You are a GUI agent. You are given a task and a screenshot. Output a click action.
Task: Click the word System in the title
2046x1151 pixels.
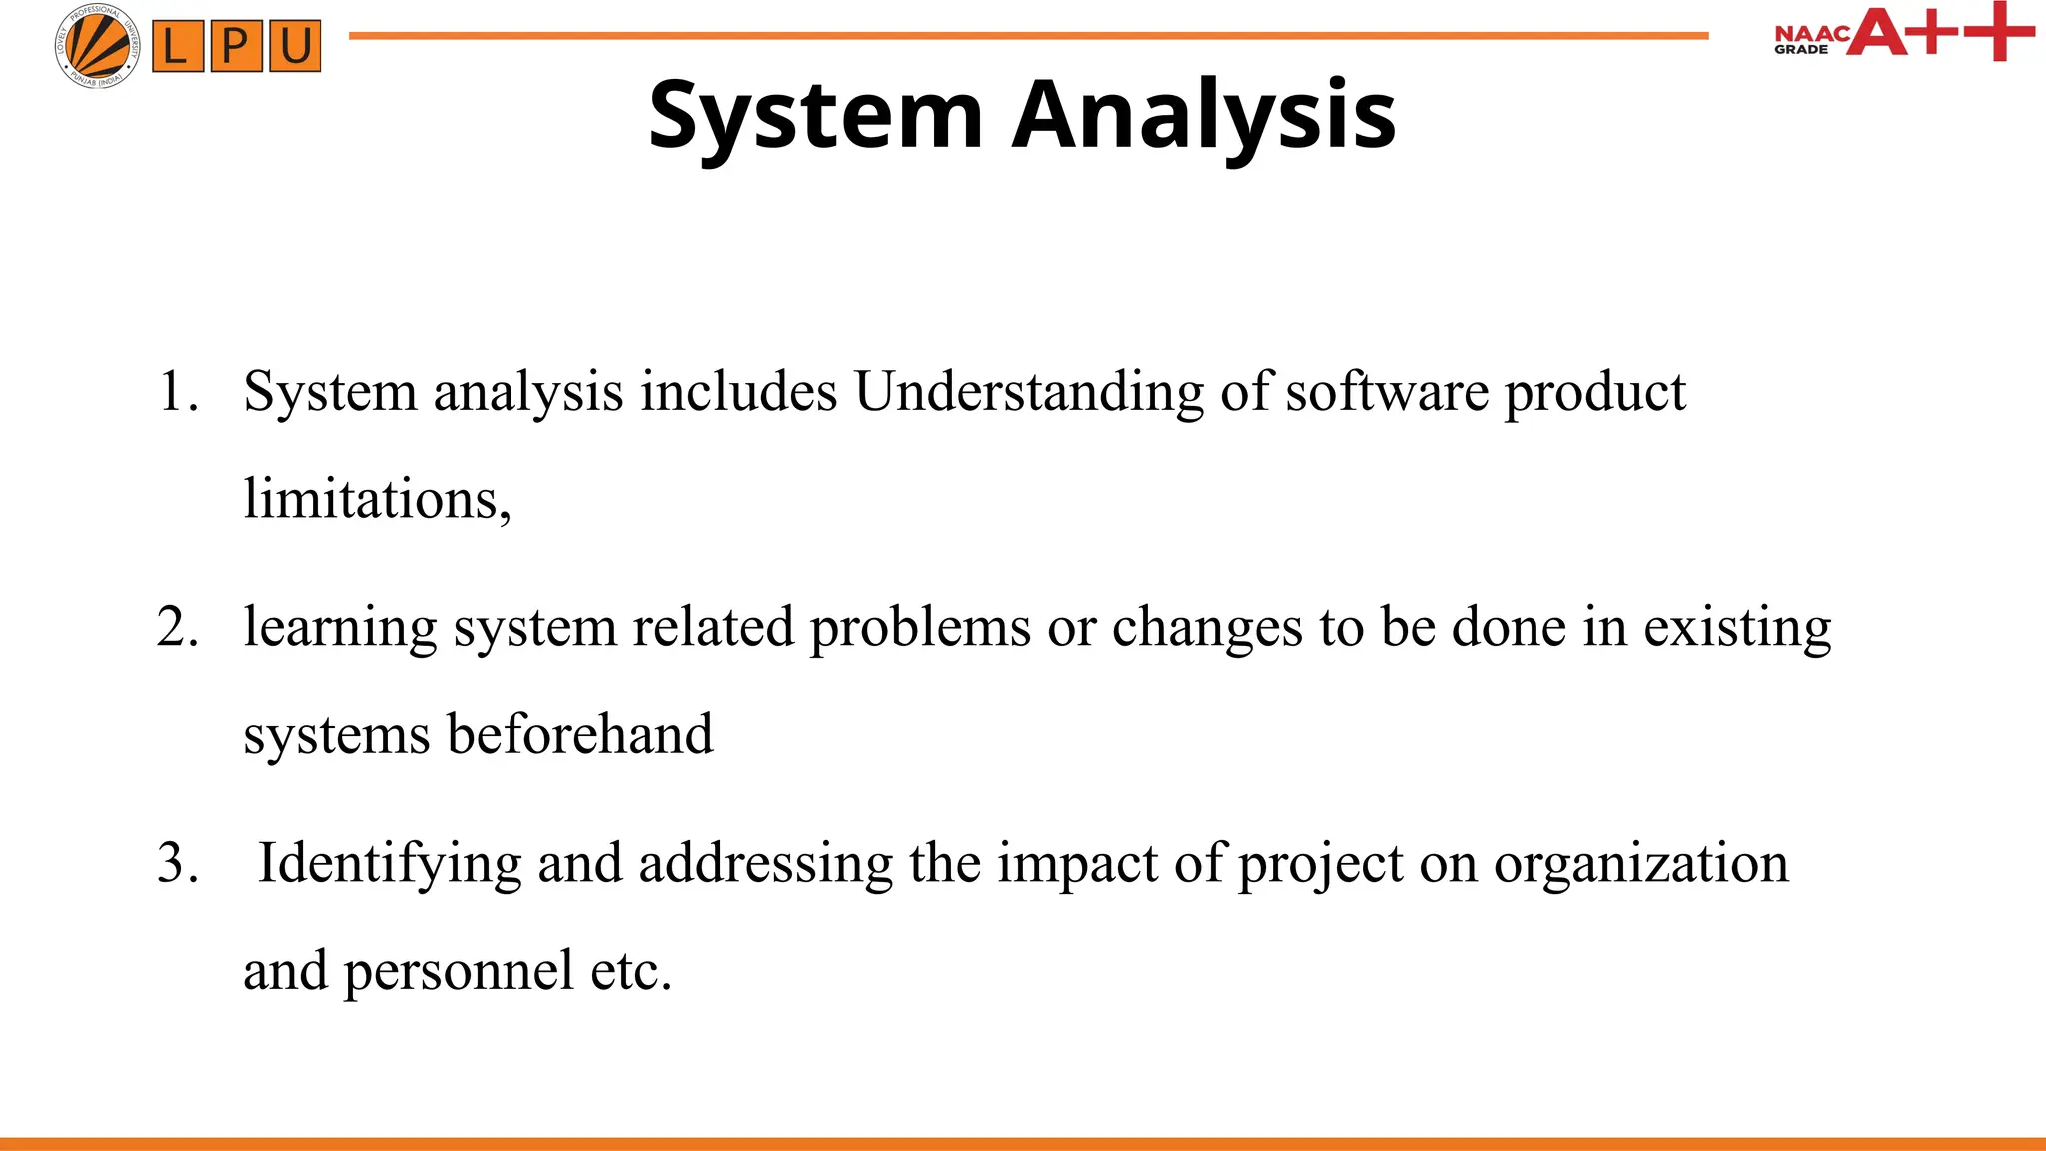tap(816, 116)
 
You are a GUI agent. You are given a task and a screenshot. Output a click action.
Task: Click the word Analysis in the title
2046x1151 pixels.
tap(1204, 116)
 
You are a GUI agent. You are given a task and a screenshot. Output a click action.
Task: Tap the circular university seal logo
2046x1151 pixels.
tap(97, 46)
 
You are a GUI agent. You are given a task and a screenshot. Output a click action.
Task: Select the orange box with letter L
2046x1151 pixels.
tap(177, 47)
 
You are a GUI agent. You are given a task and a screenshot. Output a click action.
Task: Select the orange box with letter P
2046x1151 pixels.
tap(236, 47)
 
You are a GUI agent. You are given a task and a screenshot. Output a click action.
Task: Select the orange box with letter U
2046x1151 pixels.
tap(295, 47)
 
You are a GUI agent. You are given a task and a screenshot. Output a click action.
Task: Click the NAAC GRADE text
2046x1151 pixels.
tap(1808, 40)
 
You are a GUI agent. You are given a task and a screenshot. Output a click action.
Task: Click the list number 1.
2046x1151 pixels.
tap(178, 391)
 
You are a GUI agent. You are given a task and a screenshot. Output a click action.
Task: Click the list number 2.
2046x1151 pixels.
tap(178, 627)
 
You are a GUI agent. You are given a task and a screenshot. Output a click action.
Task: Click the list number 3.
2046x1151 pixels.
tap(178, 863)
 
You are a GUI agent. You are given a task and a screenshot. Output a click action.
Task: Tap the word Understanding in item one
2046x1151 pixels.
tap(1028, 391)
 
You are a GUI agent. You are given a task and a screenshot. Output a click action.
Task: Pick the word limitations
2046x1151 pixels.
tap(376, 499)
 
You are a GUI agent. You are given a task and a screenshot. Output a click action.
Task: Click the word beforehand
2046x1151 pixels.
tap(579, 734)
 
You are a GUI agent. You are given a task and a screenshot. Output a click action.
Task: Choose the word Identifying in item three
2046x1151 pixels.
tap(389, 864)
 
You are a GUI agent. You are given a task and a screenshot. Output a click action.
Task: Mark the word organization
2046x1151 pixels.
tap(1640, 864)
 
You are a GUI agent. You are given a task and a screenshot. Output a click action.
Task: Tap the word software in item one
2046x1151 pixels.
tap(1386, 391)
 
